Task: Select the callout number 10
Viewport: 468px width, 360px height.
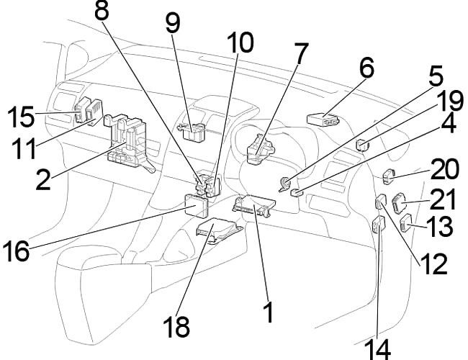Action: pyautogui.click(x=240, y=44)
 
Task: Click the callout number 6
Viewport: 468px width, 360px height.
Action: pyautogui.click(x=366, y=71)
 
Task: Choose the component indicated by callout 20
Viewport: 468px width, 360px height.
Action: pyautogui.click(x=389, y=173)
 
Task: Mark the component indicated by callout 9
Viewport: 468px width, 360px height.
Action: pyautogui.click(x=190, y=127)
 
